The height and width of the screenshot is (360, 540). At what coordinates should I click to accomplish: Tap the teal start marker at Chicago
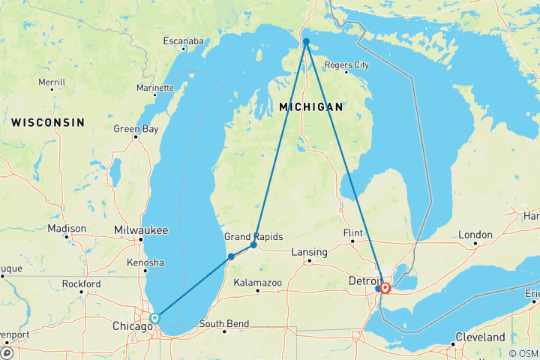[155, 318]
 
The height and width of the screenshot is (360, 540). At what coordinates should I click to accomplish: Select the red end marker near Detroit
[385, 287]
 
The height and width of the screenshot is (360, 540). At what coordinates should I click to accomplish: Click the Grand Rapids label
[253, 236]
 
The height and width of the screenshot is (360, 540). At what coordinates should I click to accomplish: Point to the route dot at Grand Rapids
[253, 245]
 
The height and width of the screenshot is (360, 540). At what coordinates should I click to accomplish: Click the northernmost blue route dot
[306, 41]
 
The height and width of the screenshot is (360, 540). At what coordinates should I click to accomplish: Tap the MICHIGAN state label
[310, 107]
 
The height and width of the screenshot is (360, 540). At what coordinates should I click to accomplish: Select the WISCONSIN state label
[47, 121]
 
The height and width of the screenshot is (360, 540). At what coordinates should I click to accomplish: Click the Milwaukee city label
[142, 229]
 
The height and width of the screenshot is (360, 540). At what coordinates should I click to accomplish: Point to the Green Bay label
[136, 129]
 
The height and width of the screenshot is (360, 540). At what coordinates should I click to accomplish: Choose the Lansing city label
[310, 252]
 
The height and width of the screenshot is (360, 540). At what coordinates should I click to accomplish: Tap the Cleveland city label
[481, 337]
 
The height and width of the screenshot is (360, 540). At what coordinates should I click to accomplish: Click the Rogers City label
[347, 65]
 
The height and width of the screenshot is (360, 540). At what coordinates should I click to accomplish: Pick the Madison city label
[67, 229]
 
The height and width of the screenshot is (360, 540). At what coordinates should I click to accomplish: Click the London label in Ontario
[475, 235]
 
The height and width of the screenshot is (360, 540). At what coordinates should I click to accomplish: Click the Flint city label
[352, 233]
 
